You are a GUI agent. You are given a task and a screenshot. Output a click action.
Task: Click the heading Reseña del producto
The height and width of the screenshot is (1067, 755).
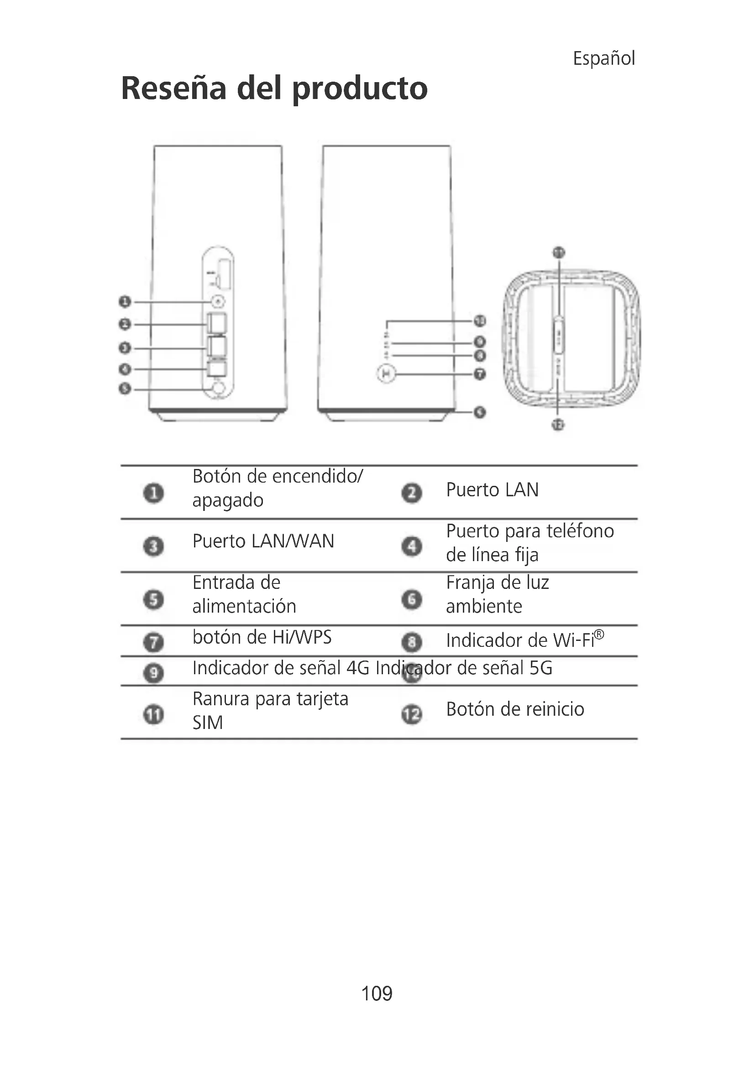274,88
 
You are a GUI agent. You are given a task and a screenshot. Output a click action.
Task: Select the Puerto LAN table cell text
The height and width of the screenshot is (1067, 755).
492,490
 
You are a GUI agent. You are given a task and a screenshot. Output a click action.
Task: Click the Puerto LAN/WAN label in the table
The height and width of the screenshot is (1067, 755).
263,541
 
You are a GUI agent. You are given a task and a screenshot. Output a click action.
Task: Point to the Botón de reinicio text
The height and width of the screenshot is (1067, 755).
514,709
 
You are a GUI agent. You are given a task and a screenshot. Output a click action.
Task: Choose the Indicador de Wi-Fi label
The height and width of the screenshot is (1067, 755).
524,640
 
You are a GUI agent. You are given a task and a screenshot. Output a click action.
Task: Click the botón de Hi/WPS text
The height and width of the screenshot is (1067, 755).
262,637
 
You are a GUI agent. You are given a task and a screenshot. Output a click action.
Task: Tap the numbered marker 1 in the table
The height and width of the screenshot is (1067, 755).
153,493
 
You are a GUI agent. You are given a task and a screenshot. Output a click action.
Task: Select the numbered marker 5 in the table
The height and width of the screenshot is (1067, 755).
153,599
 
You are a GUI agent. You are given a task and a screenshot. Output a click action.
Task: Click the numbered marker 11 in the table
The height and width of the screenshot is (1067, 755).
153,714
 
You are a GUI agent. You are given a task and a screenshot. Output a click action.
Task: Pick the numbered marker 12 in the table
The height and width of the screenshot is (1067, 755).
411,715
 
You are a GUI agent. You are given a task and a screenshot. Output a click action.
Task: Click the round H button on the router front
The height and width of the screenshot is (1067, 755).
386,374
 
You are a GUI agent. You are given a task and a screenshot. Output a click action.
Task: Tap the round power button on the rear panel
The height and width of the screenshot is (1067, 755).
218,302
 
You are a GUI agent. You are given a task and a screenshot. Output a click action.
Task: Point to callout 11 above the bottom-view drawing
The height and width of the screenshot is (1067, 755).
558,253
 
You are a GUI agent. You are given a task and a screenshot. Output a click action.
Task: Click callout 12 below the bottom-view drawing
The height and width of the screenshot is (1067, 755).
558,424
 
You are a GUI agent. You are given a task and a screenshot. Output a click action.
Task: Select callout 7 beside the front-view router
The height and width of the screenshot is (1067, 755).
480,374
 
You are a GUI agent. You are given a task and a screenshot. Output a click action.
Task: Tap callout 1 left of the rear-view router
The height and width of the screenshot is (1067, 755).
125,302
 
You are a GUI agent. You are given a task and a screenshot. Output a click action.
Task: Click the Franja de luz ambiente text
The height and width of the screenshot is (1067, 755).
497,594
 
